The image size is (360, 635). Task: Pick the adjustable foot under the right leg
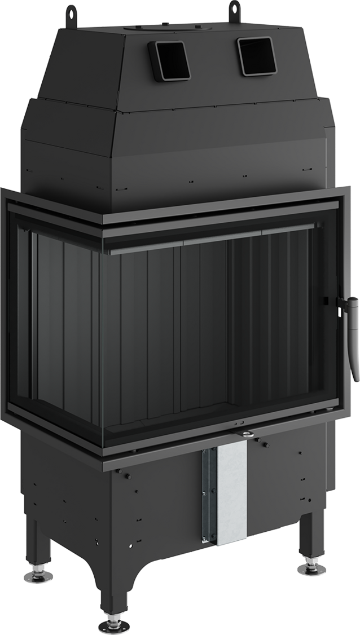tap(311, 561)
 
